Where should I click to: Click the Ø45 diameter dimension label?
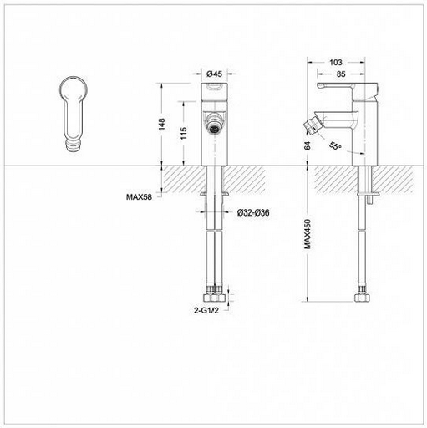[x=215, y=74]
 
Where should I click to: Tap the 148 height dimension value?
[x=161, y=125]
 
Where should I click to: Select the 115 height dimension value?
[x=183, y=133]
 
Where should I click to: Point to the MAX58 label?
[x=139, y=197]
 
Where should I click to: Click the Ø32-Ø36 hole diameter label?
[x=253, y=213]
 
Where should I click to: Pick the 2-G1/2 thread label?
[x=206, y=310]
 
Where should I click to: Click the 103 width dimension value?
[x=336, y=62]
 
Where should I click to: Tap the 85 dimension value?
[x=341, y=74]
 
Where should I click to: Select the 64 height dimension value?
[x=308, y=145]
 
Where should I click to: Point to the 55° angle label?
[x=335, y=145]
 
